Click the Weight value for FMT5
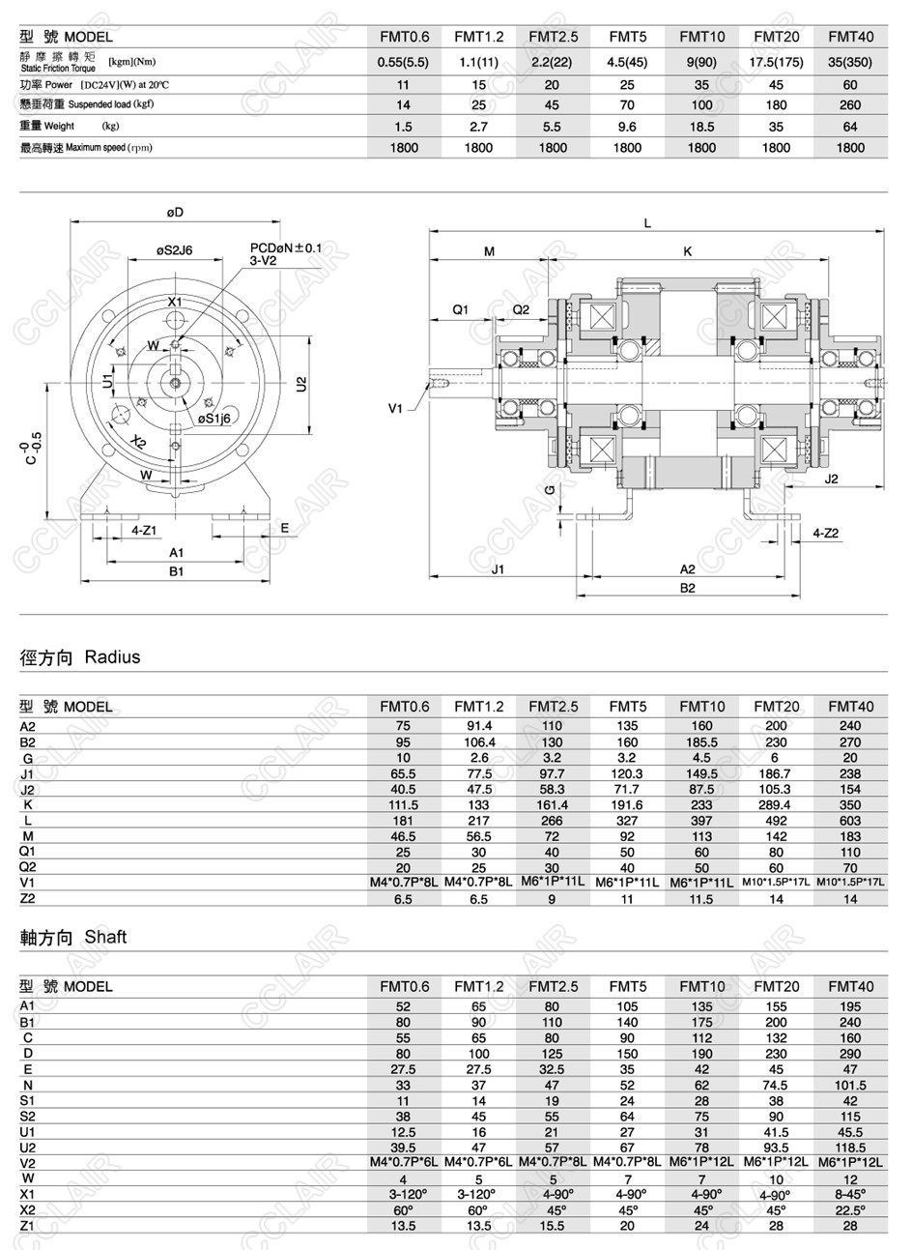(627, 127)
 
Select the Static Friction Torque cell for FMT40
(850, 62)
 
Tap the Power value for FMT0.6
(404, 85)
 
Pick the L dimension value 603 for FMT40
(850, 820)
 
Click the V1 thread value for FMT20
(777, 883)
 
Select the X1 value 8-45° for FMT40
(850, 1194)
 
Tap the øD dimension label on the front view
(175, 213)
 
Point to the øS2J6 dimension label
(175, 250)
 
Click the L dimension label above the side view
(647, 223)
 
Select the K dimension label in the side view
(688, 251)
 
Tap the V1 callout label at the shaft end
(395, 409)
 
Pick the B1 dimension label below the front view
(177, 572)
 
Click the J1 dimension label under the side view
(498, 569)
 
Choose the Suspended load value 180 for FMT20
(776, 105)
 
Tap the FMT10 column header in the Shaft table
(701, 987)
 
